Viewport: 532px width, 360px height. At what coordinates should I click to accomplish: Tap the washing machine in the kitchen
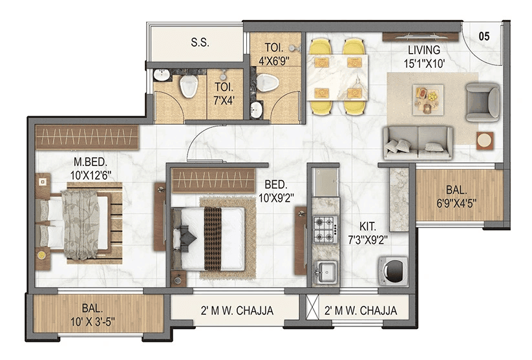tap(391, 270)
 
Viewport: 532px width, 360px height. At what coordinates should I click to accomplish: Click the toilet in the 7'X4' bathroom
tap(189, 86)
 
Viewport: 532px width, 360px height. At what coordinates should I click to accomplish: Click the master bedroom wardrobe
tap(87, 137)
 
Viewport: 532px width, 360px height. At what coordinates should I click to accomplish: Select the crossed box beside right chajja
tap(313, 311)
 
